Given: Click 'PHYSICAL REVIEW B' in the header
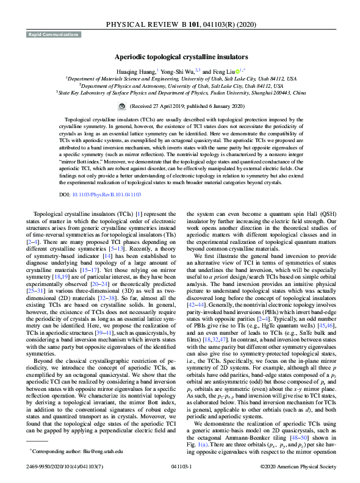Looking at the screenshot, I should point(156,24).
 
